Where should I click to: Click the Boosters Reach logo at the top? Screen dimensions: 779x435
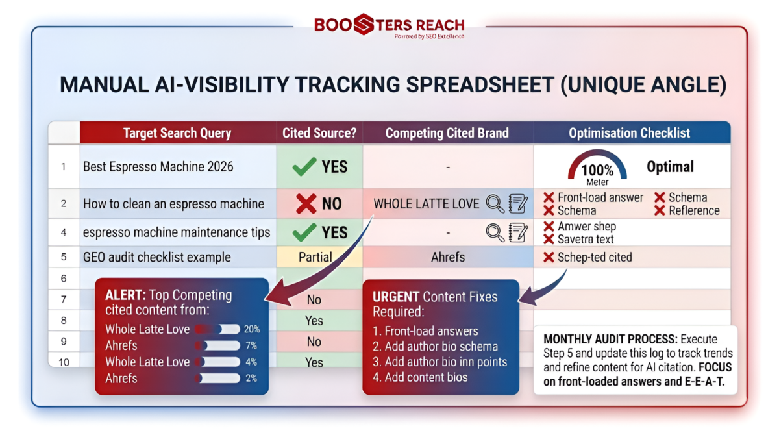(x=389, y=26)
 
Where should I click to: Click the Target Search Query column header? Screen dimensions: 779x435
(x=177, y=133)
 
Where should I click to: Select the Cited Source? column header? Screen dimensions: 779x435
(x=319, y=133)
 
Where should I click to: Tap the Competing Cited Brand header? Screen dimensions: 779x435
(x=447, y=133)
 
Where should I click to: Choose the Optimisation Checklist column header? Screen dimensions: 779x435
(x=629, y=133)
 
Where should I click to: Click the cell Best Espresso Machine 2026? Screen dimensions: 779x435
(x=158, y=167)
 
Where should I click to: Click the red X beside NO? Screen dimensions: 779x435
(x=306, y=203)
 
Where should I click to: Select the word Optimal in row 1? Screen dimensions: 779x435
(x=670, y=167)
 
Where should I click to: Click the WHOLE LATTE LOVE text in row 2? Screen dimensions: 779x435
(x=426, y=204)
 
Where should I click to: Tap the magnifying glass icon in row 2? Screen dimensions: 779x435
(x=495, y=204)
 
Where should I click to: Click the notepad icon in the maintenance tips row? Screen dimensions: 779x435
(x=518, y=232)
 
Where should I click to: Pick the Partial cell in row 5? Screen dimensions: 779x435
(x=315, y=257)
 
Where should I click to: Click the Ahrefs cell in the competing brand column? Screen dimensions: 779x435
(x=448, y=257)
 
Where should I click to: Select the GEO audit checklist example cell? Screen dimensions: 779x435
(x=157, y=257)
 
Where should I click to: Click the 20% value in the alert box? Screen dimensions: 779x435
(x=252, y=329)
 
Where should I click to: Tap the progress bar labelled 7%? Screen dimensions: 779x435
(x=217, y=345)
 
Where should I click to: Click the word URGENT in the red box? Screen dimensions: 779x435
(x=396, y=297)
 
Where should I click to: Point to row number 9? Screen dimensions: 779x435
(x=64, y=342)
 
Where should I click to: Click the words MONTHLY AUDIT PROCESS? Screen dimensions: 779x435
(x=610, y=339)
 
